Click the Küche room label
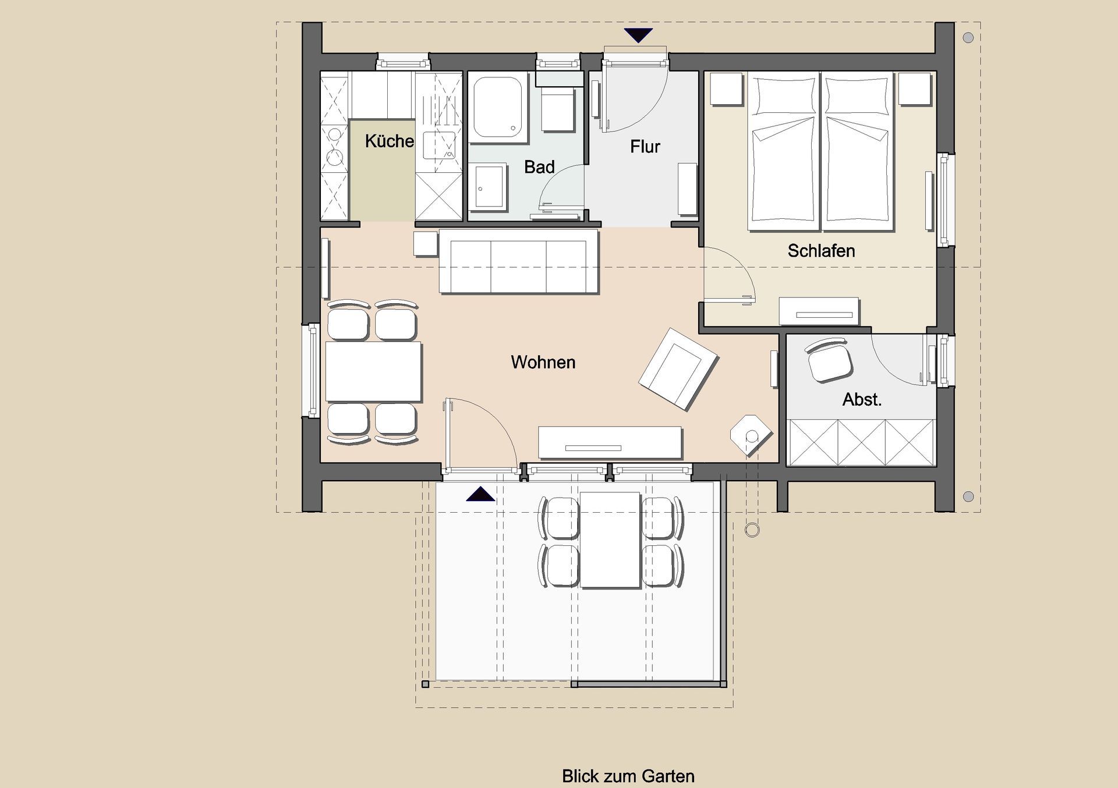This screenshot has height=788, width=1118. coord(389,141)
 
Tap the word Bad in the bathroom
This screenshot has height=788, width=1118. coord(539,167)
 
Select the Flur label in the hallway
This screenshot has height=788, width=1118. coord(645,147)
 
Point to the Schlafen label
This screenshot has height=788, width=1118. coord(821,251)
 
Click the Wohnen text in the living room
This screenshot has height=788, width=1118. coord(543,362)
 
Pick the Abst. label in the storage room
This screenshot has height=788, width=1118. coord(862,399)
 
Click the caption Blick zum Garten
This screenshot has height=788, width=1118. coord(628,776)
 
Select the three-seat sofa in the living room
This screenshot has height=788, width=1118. coord(519,261)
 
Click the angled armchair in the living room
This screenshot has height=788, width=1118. coord(678,368)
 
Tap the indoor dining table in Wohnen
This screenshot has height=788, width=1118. coord(373,372)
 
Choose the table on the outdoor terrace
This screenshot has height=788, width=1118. coord(610,540)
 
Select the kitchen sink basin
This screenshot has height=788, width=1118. coord(439,146)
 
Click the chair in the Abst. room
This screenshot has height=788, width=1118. coord(829,361)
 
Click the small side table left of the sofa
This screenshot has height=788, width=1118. coord(425,244)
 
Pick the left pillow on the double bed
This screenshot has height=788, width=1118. coord(783,93)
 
